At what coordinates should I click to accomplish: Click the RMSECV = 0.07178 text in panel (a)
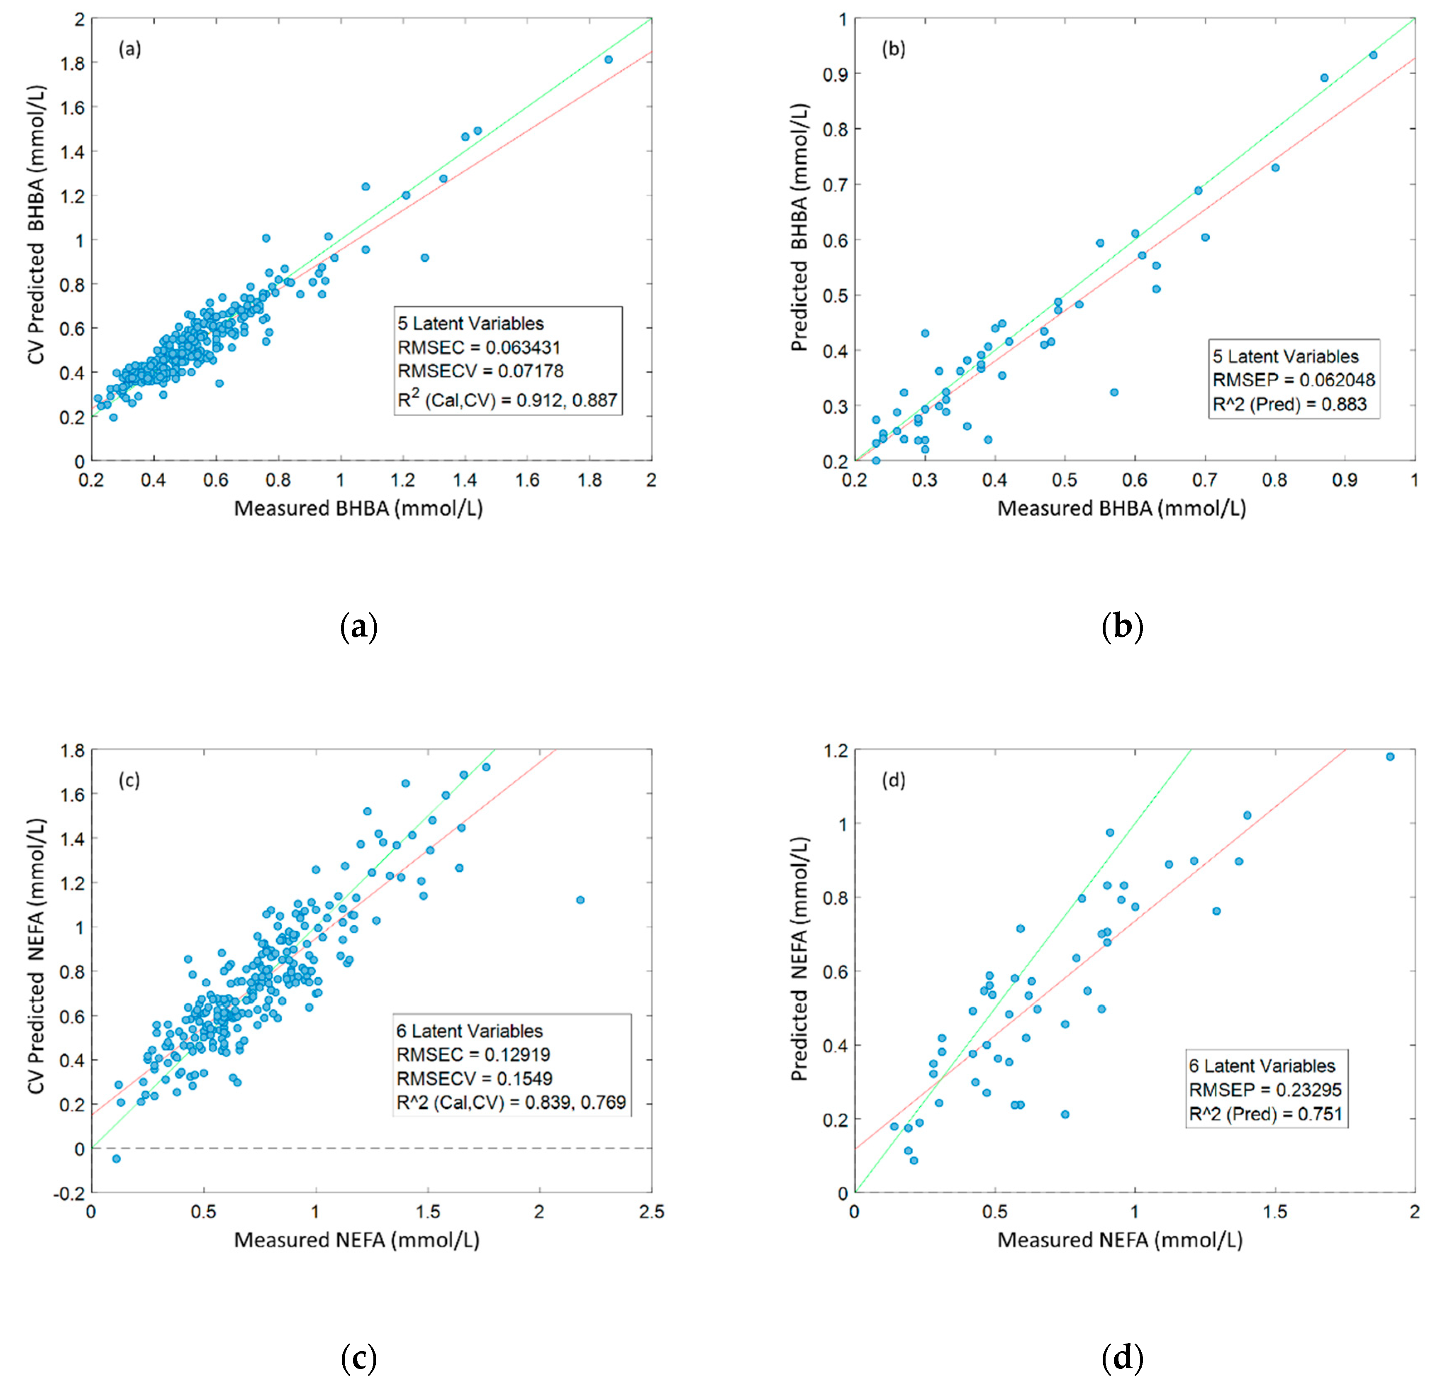480,371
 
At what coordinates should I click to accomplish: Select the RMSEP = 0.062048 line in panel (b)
1294,380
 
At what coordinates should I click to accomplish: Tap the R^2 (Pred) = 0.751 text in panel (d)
1265,1114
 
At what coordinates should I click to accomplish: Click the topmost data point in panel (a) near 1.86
609,59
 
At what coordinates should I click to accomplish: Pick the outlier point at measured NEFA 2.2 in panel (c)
580,900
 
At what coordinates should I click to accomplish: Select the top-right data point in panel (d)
1390,756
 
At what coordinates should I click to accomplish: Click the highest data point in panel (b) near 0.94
1373,55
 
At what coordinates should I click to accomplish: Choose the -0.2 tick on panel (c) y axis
69,1193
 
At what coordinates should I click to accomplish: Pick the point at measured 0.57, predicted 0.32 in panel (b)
1113,393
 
